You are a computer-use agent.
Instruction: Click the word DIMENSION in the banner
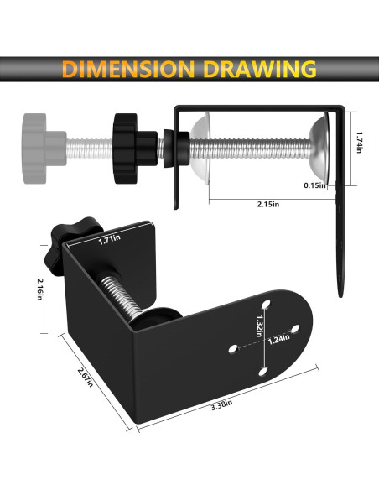[x=128, y=69]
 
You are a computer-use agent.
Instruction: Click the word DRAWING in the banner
[x=260, y=69]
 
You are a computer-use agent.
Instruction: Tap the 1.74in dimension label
[x=360, y=142]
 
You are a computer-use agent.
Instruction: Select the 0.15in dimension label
[x=314, y=185]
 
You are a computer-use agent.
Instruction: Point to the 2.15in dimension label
[x=268, y=204]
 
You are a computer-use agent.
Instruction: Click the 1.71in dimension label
[x=109, y=240]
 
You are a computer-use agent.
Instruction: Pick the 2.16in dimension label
[x=39, y=289]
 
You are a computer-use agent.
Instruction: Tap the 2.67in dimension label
[x=86, y=378]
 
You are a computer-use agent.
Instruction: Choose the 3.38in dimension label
[x=221, y=405]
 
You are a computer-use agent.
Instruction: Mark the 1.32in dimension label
[x=259, y=326]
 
